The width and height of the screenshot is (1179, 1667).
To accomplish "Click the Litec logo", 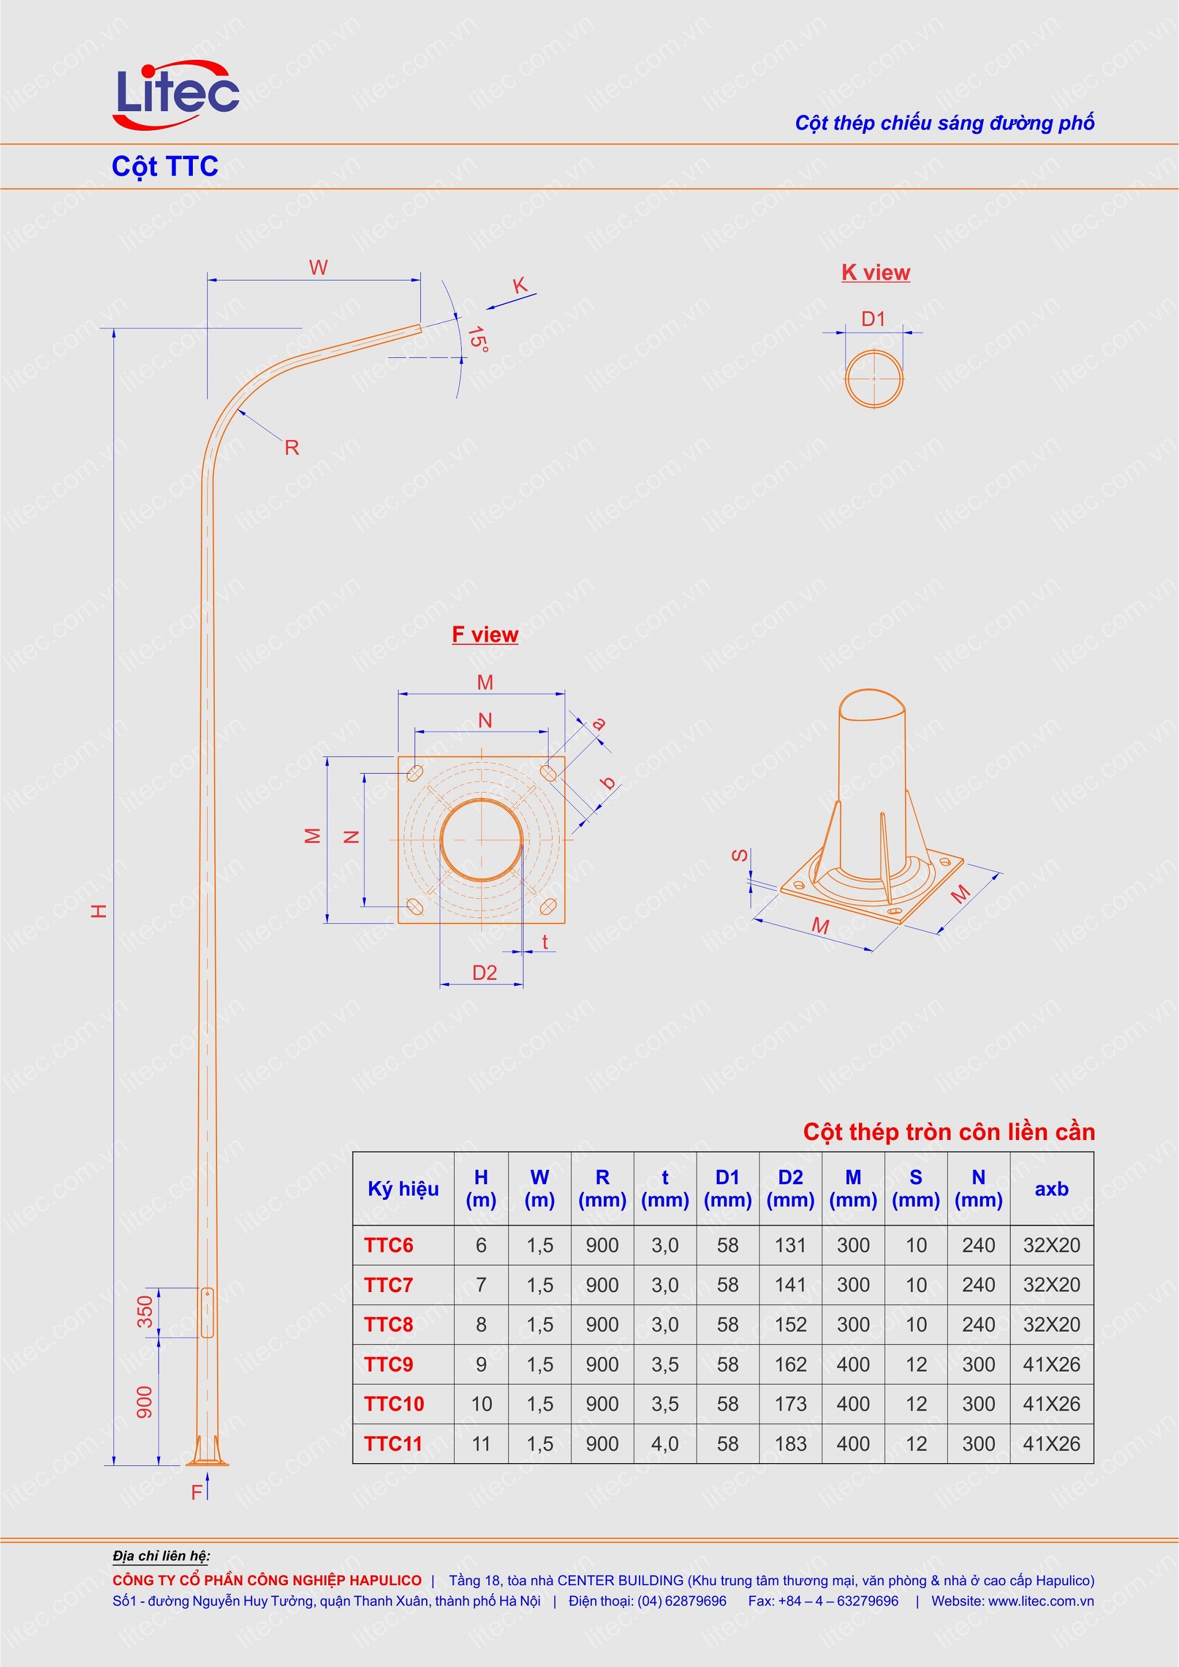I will point(176,95).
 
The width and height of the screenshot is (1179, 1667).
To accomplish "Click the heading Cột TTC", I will point(165,166).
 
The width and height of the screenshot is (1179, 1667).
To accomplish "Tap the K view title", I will point(876,272).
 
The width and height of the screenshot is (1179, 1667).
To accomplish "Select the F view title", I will point(485,634).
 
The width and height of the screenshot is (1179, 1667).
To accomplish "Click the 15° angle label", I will point(477,339).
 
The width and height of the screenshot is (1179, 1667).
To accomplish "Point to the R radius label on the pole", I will point(292,448).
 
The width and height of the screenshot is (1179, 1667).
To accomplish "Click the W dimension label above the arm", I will point(318,267).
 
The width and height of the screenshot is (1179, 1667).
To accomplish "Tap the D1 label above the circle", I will point(873,319).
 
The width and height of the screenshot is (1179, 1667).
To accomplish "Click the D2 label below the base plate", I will point(484,972).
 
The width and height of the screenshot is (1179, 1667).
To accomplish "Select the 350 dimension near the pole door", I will point(146,1311).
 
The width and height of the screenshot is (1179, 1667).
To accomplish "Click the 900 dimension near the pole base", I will point(146,1402).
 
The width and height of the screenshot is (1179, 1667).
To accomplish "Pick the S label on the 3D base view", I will point(739,855).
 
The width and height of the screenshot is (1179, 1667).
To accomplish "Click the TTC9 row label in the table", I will point(389,1364).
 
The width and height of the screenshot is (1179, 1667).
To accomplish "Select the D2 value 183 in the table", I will point(790,1444).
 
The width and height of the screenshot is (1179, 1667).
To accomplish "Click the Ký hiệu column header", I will point(403,1188).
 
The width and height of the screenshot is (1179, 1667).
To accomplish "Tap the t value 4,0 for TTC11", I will point(664,1444).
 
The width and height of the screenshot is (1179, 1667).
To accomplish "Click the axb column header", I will point(1051,1188).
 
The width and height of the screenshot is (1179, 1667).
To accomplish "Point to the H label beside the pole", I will point(100,910).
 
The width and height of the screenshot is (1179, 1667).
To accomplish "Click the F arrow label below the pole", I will point(197,1492).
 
